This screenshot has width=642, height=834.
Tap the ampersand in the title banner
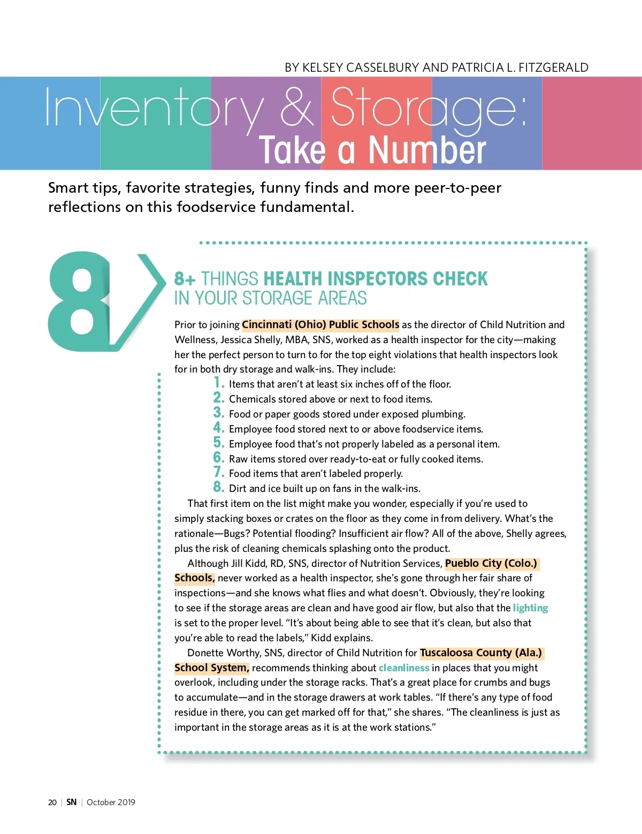[297, 107]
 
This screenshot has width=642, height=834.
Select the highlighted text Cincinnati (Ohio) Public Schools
[320, 325]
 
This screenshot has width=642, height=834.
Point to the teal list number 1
[219, 383]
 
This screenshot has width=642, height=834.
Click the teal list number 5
[219, 443]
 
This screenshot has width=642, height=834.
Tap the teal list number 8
[219, 487]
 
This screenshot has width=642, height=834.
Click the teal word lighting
[530, 608]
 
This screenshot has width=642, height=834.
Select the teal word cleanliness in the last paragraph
[404, 668]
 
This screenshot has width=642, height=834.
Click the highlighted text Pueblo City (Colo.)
[491, 564]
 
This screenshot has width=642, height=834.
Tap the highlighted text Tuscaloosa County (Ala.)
[481, 653]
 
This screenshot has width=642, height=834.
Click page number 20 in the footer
[52, 802]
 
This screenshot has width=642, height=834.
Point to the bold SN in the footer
[71, 802]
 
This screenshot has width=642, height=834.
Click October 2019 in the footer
[111, 802]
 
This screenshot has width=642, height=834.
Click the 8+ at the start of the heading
[185, 279]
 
